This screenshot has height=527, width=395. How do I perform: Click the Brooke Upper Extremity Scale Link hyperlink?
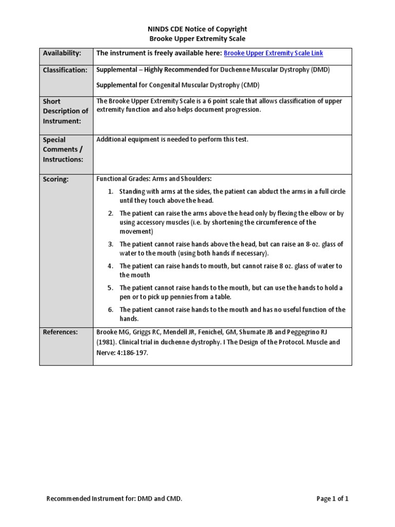pos(274,54)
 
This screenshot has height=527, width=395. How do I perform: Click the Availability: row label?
pos(62,54)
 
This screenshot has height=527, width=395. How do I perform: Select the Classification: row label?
pos(65,70)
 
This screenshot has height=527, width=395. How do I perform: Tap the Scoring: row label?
pos(56,180)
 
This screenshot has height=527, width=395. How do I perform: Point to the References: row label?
pos(60,332)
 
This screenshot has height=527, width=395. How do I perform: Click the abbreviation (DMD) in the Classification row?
pos(319,69)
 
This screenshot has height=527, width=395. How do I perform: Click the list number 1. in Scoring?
pos(111,191)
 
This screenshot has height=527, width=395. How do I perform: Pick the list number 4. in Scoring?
pos(111,266)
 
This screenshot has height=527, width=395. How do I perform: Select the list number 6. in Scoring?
pos(111,310)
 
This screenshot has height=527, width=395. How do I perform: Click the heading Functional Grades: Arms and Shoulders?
pos(154,179)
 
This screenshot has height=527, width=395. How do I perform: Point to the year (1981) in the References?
pos(107,342)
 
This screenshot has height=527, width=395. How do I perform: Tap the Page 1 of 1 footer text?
pos(333,499)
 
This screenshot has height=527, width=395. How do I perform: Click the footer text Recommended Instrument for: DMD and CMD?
pos(114,499)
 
